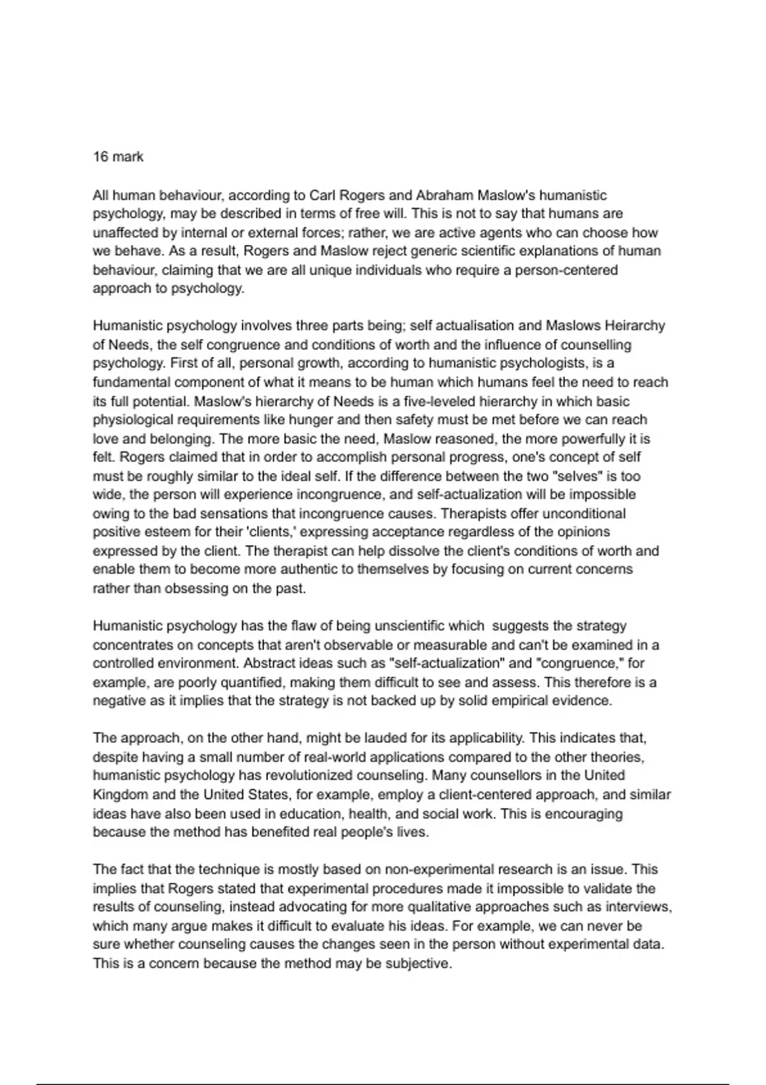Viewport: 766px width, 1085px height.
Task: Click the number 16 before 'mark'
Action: (100, 157)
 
